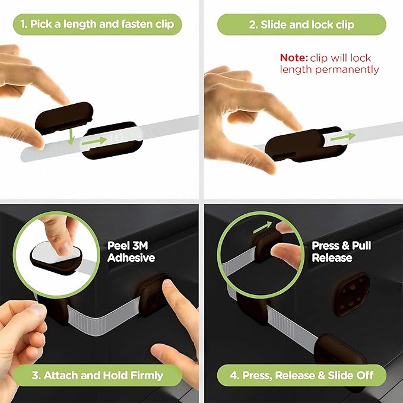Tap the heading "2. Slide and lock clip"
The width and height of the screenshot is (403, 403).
pos(302,24)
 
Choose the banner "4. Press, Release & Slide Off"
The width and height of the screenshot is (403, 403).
pos(302,375)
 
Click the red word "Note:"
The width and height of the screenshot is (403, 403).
pos(294,58)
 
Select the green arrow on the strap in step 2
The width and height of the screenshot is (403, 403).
pos(343,136)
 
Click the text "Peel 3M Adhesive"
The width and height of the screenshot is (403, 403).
pos(131,251)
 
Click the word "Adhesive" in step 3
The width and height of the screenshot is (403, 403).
pos(131,258)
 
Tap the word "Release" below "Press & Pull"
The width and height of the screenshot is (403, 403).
pos(332,258)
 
